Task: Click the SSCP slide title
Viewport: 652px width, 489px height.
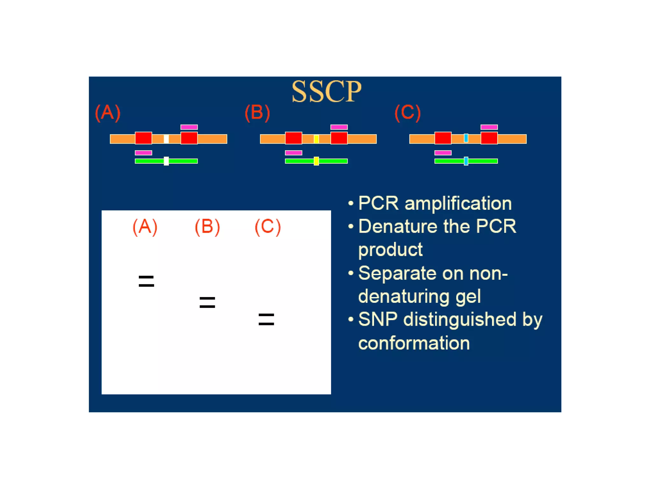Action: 326,92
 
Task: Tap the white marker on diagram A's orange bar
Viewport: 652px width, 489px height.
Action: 166,139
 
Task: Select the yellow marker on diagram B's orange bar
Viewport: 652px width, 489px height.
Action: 316,139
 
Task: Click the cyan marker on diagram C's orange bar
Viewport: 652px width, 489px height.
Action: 466,138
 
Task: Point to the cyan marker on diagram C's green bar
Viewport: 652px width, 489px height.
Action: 466,161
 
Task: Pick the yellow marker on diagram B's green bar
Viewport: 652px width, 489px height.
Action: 316,161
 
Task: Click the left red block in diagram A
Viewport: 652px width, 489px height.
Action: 143,138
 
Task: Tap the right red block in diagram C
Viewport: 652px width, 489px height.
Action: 489,138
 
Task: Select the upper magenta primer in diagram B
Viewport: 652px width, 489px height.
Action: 339,127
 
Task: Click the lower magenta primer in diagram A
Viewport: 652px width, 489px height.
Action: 143,153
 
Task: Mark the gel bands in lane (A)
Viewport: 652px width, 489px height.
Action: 146,281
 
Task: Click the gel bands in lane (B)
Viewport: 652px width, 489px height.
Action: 207,302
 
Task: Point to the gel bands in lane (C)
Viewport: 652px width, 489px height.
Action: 266,319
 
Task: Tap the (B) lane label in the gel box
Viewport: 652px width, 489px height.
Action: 207,227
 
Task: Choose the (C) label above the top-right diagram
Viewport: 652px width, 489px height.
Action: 407,113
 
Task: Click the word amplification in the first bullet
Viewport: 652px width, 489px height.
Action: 458,203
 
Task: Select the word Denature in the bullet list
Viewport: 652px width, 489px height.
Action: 398,226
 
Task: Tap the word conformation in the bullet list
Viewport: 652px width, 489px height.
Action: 414,343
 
